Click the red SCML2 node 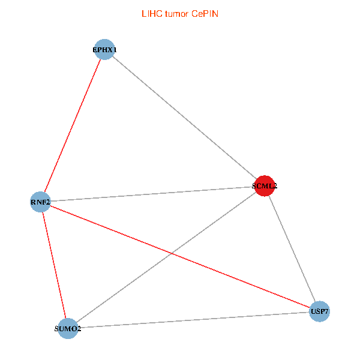coord(265,186)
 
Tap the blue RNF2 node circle coord(41,202)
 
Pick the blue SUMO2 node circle coord(68,328)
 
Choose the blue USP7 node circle coord(319,311)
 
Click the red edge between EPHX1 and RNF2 coord(73,125)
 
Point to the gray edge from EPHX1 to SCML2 coord(184,118)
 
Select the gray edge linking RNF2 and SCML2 coord(152,194)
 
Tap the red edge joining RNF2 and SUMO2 coord(54,265)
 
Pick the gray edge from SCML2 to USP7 coord(292,248)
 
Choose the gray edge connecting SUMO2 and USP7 coord(193,320)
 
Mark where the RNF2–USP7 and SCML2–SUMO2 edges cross coord(173,254)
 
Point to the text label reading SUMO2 coord(68,329)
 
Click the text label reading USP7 coord(319,312)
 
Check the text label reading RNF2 coord(40,202)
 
